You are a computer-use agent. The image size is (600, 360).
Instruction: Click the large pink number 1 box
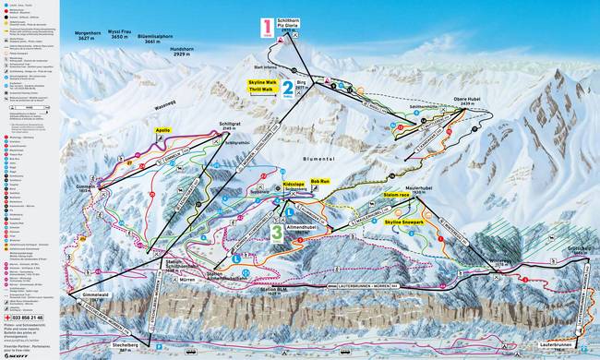point(267,28)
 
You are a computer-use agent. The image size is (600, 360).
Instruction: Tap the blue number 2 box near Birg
point(288,90)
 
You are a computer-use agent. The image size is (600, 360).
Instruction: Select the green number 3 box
point(276,233)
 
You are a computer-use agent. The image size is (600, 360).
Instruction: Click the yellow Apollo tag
point(163,131)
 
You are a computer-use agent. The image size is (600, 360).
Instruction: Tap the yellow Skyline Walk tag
point(261,82)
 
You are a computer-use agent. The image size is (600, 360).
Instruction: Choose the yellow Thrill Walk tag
point(260,90)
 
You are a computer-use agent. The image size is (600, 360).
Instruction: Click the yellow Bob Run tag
point(320,182)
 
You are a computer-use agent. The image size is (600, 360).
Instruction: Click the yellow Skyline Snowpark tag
point(404,223)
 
